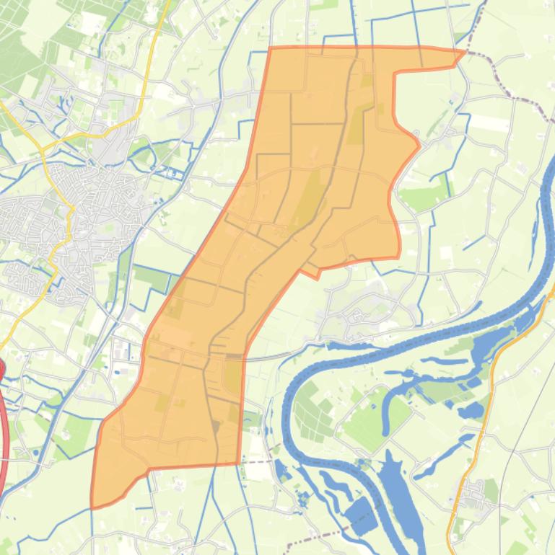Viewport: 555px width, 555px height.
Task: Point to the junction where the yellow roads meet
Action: (45, 148)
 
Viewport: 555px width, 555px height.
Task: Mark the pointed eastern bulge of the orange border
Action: (419, 146)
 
